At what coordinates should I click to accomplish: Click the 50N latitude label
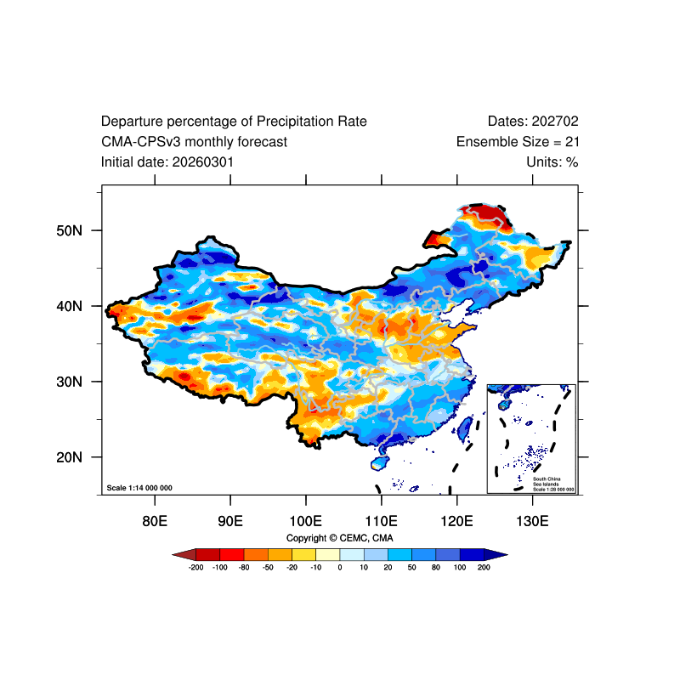pyautogui.click(x=69, y=230)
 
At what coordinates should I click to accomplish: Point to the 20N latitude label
pyautogui.click(x=69, y=457)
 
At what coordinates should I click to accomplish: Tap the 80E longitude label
pyautogui.click(x=155, y=521)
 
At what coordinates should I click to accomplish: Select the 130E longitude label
pyautogui.click(x=532, y=521)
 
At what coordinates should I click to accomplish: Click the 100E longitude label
pyautogui.click(x=306, y=521)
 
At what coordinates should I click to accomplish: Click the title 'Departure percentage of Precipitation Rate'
pyautogui.click(x=234, y=122)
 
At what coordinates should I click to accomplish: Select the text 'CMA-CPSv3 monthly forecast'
pyautogui.click(x=194, y=142)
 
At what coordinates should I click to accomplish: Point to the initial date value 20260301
pyautogui.click(x=203, y=162)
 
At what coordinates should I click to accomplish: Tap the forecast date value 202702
pyautogui.click(x=555, y=122)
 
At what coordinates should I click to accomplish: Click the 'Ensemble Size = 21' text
pyautogui.click(x=518, y=142)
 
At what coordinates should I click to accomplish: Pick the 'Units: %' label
pyautogui.click(x=552, y=162)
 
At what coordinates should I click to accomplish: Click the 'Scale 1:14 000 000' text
pyautogui.click(x=139, y=488)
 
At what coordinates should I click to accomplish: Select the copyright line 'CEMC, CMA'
pyautogui.click(x=366, y=538)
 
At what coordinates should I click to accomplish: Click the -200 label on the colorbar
pyautogui.click(x=196, y=567)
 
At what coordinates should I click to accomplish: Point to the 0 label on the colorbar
pyautogui.click(x=340, y=567)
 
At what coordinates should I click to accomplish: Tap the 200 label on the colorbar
pyautogui.click(x=484, y=567)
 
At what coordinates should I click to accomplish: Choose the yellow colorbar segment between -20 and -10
pyautogui.click(x=304, y=555)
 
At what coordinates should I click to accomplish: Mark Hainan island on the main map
pyautogui.click(x=379, y=462)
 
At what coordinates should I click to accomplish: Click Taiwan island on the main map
pyautogui.click(x=464, y=428)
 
